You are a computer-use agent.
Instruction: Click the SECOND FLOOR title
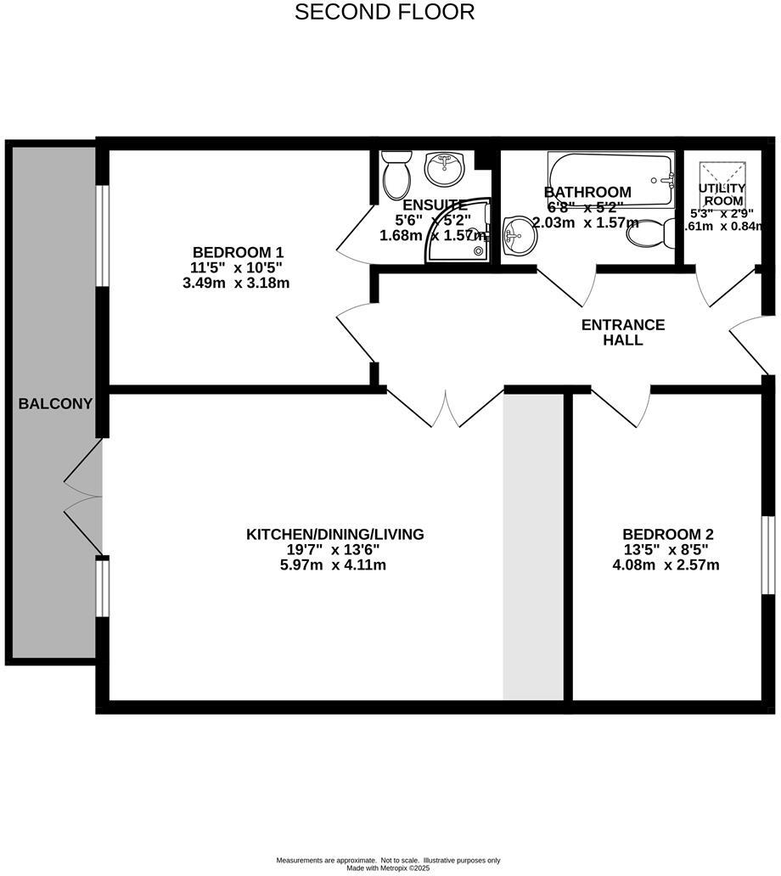click(385, 13)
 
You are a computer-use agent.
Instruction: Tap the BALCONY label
click(55, 403)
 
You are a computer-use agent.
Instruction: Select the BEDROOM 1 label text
click(238, 252)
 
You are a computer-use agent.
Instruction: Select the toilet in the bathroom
click(650, 233)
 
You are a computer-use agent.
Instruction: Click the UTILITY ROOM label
click(722, 194)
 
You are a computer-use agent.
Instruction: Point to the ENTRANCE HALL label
click(622, 332)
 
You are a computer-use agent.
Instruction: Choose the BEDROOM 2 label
click(668, 535)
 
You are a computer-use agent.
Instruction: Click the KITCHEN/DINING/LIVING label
click(334, 535)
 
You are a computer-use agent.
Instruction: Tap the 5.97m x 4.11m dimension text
click(334, 564)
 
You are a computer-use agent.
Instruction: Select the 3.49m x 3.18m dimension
click(237, 283)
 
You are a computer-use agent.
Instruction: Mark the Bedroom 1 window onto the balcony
click(102, 235)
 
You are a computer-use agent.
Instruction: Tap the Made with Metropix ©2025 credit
click(389, 868)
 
